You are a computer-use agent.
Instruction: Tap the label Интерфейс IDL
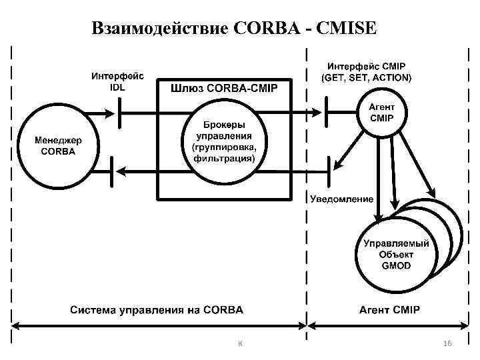pyautogui.click(x=117, y=82)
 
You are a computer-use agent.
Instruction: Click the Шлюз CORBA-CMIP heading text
pyautogui.click(x=224, y=87)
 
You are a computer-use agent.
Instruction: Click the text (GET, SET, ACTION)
pyautogui.click(x=367, y=77)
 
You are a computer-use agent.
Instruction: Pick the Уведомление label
pyautogui.click(x=342, y=199)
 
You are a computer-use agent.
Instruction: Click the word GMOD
pyautogui.click(x=397, y=265)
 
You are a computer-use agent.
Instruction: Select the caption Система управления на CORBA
pyautogui.click(x=157, y=310)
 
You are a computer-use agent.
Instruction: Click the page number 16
pyautogui.click(x=447, y=342)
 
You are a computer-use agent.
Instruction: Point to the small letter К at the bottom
pyautogui.click(x=240, y=343)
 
